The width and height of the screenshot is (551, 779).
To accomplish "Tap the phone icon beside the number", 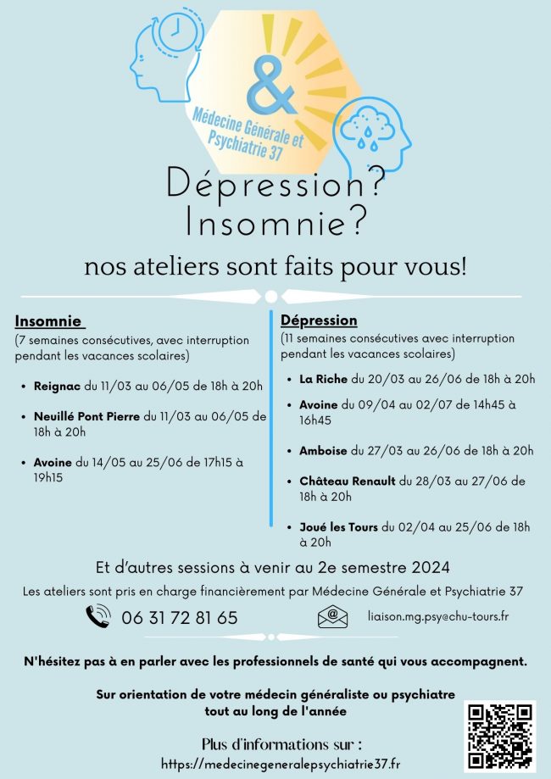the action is coord(98,616).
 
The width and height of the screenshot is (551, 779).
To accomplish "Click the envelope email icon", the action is coord(332,616).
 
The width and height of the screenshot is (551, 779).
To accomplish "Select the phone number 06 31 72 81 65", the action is coord(180,618).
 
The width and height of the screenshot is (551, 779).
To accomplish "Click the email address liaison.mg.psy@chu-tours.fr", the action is coord(438,616).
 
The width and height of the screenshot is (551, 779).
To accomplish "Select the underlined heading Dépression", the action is coord(319,320).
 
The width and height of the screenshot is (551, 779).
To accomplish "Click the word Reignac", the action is coord(57,386).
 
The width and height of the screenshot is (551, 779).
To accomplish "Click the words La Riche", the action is coord(324,379).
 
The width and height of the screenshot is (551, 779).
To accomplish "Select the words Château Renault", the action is coord(348,481).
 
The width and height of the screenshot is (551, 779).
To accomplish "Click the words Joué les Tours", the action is coord(338,527).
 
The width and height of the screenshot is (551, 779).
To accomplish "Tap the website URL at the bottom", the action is coord(281,763).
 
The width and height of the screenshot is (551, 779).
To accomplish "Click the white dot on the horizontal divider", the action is coord(271,297).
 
